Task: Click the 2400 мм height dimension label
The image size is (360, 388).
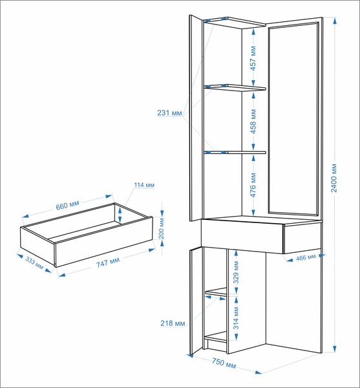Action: click(x=334, y=178)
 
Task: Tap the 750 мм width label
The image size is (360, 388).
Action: click(x=224, y=363)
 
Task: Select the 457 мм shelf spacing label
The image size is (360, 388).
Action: click(x=253, y=58)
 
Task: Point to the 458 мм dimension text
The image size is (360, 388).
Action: click(x=253, y=122)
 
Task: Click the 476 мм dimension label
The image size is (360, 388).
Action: click(x=253, y=185)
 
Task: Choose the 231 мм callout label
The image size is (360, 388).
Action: click(x=169, y=113)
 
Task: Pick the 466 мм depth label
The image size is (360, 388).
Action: click(x=306, y=257)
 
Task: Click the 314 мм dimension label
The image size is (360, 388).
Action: click(x=236, y=318)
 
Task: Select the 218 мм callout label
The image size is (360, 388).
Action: click(x=173, y=323)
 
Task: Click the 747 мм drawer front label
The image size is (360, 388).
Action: click(x=108, y=263)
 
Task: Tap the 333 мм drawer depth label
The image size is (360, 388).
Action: click(x=34, y=263)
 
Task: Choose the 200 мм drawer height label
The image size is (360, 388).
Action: click(x=161, y=228)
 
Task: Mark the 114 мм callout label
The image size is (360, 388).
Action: click(x=144, y=185)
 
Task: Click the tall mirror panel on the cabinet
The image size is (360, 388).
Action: click(x=293, y=118)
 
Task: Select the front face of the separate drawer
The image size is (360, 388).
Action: click(x=103, y=242)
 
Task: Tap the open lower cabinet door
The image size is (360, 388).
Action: click(x=196, y=301)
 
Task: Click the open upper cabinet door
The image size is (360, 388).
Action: click(x=196, y=118)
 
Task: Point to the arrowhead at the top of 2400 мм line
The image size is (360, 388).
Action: click(x=335, y=20)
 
